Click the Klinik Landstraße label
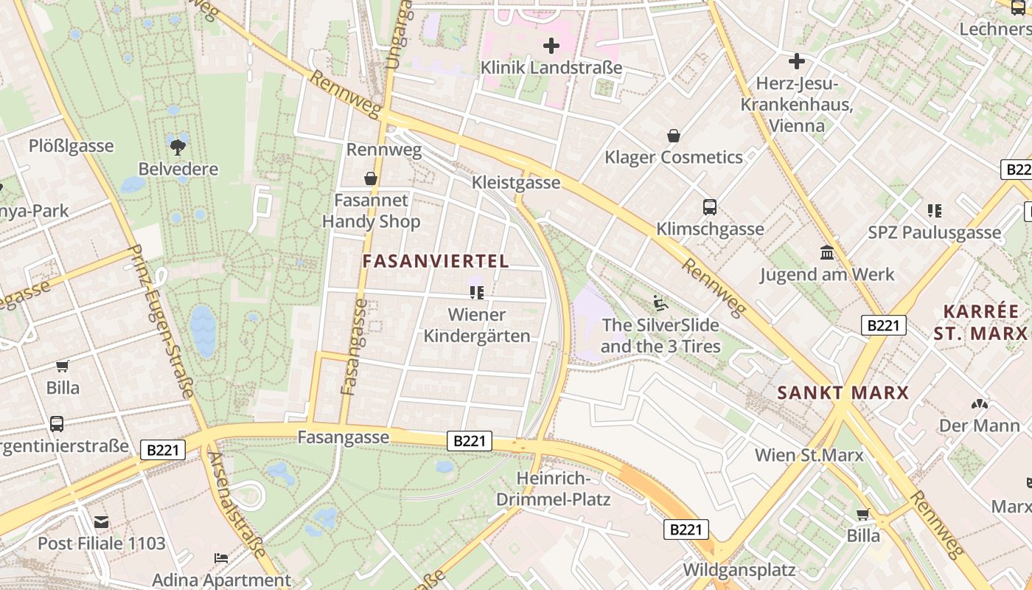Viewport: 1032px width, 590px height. [551, 68]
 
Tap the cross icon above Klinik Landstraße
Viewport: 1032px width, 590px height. [551, 46]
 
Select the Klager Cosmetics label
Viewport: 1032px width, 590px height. [674, 157]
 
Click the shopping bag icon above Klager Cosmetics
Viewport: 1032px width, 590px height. [674, 136]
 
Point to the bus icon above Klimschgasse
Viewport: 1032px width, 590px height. [710, 207]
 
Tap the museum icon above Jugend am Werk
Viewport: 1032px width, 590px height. [827, 253]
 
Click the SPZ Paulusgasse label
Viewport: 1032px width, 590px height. [935, 233]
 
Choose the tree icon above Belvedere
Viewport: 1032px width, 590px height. [178, 145]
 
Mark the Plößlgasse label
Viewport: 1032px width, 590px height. [72, 145]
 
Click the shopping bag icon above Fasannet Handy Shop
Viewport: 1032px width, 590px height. [371, 178]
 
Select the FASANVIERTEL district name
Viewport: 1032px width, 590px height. [436, 261]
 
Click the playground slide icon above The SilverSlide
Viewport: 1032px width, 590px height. [660, 302]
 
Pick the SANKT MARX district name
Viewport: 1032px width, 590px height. [843, 392]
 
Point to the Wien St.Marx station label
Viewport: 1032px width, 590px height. [809, 454]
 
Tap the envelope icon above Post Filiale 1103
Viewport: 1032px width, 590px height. [101, 522]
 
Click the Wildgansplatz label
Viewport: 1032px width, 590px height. [739, 569]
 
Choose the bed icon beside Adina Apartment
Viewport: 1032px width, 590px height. [220, 558]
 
